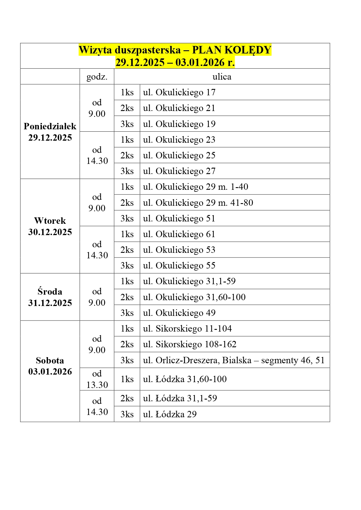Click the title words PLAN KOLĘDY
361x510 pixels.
[232, 50]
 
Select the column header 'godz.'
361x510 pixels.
[97, 77]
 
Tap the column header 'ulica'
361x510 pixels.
[222, 77]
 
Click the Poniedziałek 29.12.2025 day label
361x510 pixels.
[50, 132]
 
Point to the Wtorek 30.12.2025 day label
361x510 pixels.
[50, 226]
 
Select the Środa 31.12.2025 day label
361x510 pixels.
[50, 297]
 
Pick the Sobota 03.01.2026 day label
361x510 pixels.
[50, 366]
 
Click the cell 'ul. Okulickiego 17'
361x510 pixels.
[179, 92]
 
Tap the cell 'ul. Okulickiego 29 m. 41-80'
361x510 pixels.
[198, 203]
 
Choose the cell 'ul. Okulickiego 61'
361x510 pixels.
[179, 234]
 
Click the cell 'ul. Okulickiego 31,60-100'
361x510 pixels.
[194, 297]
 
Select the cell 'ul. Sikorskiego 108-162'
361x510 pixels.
[190, 344]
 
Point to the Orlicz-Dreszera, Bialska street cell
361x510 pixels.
[234, 360]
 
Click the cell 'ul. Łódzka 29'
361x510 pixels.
[170, 414]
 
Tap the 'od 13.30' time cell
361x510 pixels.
[97, 379]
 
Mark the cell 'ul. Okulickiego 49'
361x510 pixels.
[179, 313]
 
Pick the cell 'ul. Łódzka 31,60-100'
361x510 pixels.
[185, 379]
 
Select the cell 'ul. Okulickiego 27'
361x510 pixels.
[179, 171]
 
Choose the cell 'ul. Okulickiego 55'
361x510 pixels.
[179, 266]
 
